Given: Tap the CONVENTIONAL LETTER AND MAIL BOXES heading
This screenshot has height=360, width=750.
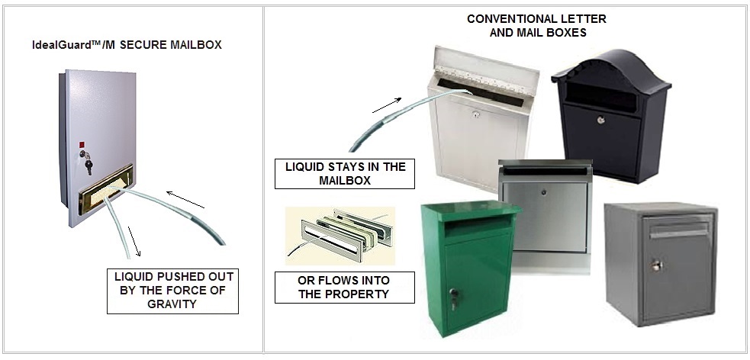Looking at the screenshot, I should (536, 25).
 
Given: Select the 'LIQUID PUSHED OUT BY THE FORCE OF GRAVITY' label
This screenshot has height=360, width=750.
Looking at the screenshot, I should (172, 291).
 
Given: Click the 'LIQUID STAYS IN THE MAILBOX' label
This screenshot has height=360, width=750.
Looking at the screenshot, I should (345, 174).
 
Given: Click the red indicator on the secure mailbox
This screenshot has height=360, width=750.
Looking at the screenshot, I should (80, 142).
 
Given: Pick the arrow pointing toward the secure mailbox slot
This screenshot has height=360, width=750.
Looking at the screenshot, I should (185, 200).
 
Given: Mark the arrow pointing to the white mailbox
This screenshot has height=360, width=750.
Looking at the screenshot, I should (386, 105).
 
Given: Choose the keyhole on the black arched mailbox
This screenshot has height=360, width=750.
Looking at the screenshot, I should (600, 120).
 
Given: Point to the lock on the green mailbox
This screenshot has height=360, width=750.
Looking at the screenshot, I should (453, 294).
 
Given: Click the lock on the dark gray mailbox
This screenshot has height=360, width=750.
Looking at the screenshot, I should (655, 265).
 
